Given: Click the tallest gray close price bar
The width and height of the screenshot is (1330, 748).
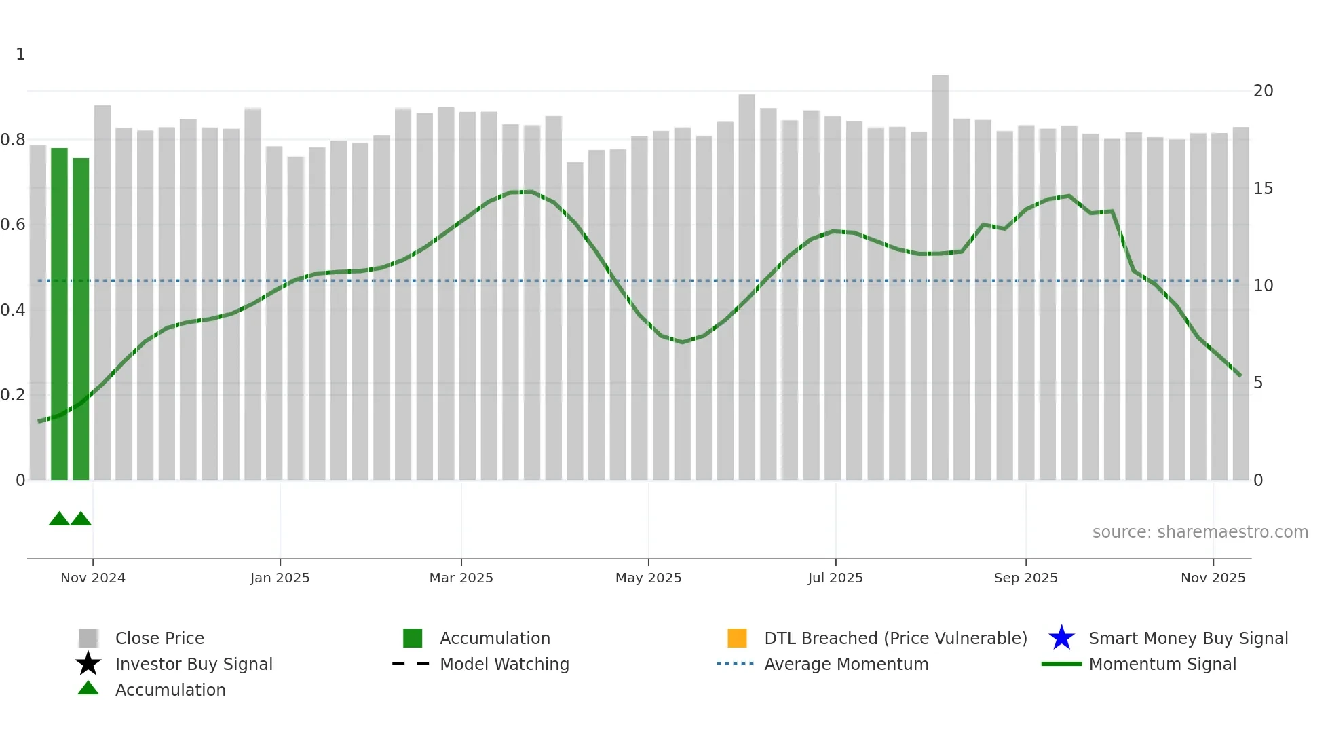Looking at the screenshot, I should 940,278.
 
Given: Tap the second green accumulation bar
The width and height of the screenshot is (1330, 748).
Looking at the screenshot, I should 81,319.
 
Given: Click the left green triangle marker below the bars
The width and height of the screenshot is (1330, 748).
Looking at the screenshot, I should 59,519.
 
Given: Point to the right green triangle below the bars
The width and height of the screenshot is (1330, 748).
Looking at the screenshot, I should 81,519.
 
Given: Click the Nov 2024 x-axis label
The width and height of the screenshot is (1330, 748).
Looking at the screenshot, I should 93,578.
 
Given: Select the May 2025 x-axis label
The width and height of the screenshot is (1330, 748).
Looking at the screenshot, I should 648,578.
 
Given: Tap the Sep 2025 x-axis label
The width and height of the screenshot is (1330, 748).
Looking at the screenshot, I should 1025,578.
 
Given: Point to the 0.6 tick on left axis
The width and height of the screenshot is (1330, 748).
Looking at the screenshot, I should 13,225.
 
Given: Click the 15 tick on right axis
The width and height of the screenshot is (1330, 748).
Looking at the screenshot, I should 1263,189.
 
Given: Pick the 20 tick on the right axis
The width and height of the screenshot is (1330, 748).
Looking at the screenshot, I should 1263,91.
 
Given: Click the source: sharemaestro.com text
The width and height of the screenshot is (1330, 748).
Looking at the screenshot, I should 1200,532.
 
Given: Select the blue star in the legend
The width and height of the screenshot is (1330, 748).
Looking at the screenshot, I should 1061,638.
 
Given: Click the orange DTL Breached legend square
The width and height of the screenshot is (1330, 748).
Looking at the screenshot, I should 737,638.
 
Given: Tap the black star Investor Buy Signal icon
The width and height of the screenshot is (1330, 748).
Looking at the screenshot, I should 88,664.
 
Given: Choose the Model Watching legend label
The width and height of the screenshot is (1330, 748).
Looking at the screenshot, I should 504,664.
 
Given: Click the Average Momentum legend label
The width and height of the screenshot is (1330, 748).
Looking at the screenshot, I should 846,664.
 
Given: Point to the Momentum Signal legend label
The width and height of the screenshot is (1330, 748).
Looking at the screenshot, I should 1162,664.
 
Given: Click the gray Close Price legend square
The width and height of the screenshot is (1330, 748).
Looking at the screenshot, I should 88,638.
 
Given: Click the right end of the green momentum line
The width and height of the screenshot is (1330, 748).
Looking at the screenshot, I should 1240,375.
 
